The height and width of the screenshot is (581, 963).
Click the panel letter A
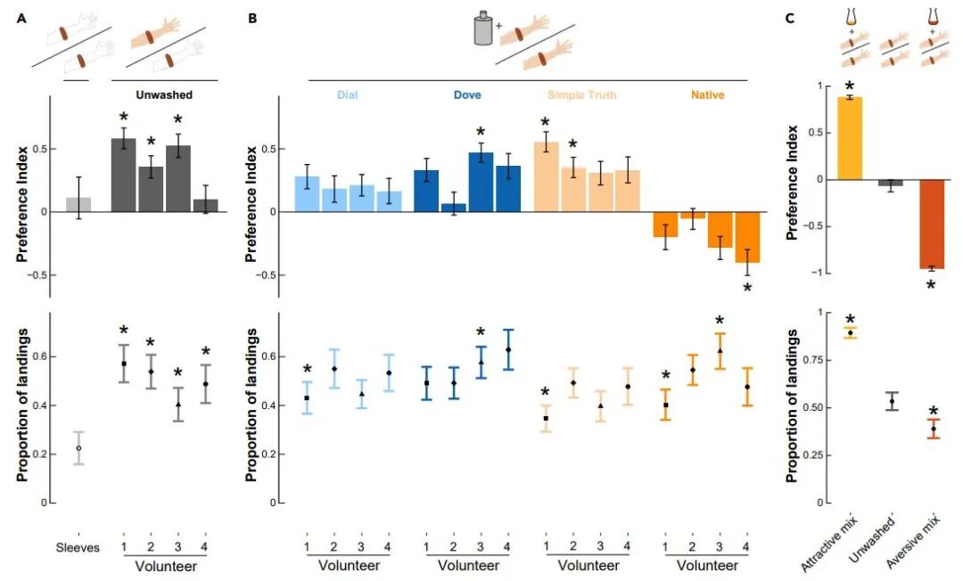(22, 19)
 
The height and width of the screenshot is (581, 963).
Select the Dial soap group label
(347, 95)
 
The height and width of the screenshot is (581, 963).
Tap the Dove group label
(467, 95)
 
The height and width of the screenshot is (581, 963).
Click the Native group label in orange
(707, 95)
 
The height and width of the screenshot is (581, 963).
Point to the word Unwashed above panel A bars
(164, 95)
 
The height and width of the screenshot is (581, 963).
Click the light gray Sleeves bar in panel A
(78, 205)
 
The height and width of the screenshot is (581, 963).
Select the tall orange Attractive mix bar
(850, 138)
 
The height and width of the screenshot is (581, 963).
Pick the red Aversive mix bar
(932, 224)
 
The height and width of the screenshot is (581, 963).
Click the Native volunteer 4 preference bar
(747, 237)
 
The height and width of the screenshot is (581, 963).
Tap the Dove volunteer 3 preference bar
(481, 182)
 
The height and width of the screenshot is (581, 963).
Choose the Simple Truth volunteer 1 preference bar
(546, 177)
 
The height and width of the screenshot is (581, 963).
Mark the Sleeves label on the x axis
(78, 547)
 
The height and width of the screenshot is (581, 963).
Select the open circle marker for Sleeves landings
(78, 448)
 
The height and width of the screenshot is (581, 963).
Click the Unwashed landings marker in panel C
(892, 401)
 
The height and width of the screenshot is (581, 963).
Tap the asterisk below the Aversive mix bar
(931, 284)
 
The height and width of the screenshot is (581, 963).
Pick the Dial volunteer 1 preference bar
(307, 194)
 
